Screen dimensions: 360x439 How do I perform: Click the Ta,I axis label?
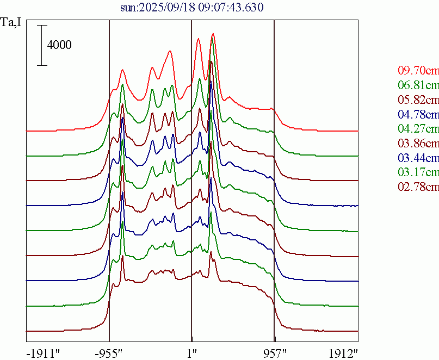click(x=12, y=23)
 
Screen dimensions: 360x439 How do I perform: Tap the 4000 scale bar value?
click(x=59, y=45)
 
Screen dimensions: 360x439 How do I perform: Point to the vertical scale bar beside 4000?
click(x=42, y=45)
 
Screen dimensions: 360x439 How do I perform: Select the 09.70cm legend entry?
click(x=418, y=70)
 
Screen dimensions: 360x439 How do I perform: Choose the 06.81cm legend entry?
click(x=418, y=85)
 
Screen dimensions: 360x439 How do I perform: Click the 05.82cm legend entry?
click(x=418, y=100)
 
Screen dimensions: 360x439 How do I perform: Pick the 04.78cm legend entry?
click(x=418, y=114)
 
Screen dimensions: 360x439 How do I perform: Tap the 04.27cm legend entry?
click(x=418, y=129)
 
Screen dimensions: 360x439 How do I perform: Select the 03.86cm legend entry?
click(x=418, y=144)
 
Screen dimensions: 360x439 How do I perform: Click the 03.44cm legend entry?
click(x=418, y=158)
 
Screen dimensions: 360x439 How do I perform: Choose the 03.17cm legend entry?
click(x=418, y=173)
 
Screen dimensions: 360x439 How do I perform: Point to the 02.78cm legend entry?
click(x=418, y=188)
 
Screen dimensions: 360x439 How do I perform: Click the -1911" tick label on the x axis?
click(x=43, y=352)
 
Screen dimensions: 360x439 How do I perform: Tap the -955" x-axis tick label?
click(x=109, y=352)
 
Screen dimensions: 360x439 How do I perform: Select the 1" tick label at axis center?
click(x=191, y=352)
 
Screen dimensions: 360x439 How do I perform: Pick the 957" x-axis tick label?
click(x=274, y=352)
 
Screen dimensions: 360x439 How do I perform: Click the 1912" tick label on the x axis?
click(x=344, y=352)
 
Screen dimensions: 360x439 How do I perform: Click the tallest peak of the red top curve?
click(x=213, y=34)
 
